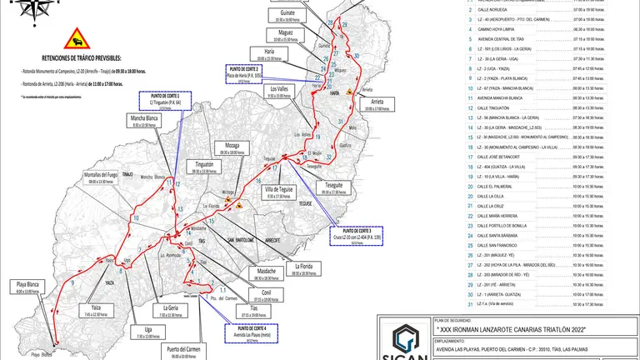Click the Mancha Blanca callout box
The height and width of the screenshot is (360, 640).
coord(145,150)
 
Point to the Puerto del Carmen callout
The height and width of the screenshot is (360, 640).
coord(186,352)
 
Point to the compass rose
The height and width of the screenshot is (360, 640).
coord(35,8)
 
